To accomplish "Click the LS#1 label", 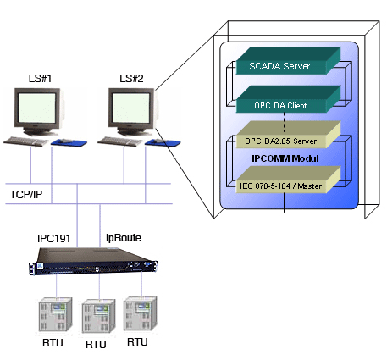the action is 40,78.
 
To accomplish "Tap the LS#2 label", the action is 131,78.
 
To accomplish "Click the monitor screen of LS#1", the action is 36,108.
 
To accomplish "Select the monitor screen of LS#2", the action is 130,108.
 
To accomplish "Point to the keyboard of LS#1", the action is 26,141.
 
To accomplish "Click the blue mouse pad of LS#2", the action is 163,142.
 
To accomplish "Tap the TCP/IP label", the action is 26,194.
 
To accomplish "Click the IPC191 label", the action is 53,238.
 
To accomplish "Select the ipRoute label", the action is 124,238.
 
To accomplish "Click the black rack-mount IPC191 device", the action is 93,261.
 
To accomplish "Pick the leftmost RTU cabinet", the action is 55,314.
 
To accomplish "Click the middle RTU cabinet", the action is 98,316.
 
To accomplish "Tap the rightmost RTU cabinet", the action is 140,313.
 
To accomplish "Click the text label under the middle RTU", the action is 96,344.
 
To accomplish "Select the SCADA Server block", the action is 288,61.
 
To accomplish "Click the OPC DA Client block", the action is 288,99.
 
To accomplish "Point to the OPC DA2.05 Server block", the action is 288,135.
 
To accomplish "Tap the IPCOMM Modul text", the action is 285,158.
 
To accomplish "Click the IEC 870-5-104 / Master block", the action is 288,180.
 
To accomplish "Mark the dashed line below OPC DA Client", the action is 284,123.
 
